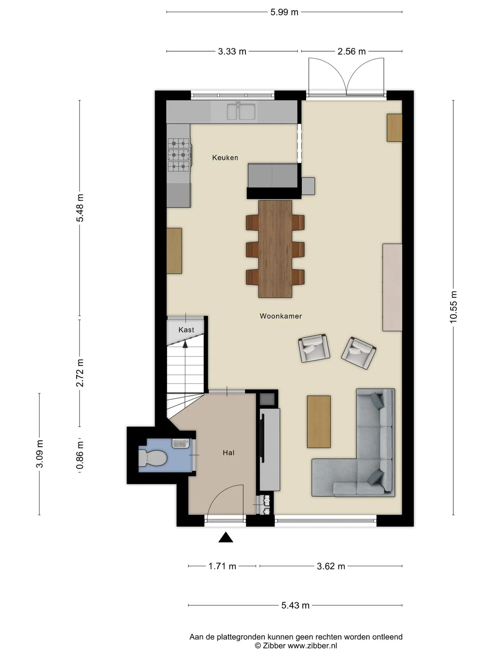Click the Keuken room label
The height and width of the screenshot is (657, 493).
click(x=225, y=158)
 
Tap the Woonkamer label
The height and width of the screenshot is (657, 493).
click(x=281, y=316)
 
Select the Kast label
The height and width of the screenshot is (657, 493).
click(x=186, y=330)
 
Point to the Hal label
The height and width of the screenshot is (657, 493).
click(x=228, y=453)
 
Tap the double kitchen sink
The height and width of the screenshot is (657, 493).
click(x=241, y=112)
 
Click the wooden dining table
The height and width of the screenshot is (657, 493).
click(x=275, y=249)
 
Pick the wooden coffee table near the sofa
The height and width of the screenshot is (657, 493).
click(x=319, y=422)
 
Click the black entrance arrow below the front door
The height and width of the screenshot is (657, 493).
click(x=226, y=538)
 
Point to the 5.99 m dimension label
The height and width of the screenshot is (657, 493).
click(x=284, y=12)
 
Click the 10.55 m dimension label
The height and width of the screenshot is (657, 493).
click(x=453, y=307)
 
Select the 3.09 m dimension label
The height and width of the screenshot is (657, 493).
click(x=40, y=454)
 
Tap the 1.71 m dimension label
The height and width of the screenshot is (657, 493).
click(x=222, y=566)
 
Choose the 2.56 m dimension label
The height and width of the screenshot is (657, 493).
click(x=352, y=52)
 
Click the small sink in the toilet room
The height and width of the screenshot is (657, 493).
click(x=180, y=443)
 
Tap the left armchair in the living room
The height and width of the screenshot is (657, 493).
click(x=314, y=348)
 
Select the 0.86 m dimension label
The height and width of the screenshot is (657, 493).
click(x=80, y=455)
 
